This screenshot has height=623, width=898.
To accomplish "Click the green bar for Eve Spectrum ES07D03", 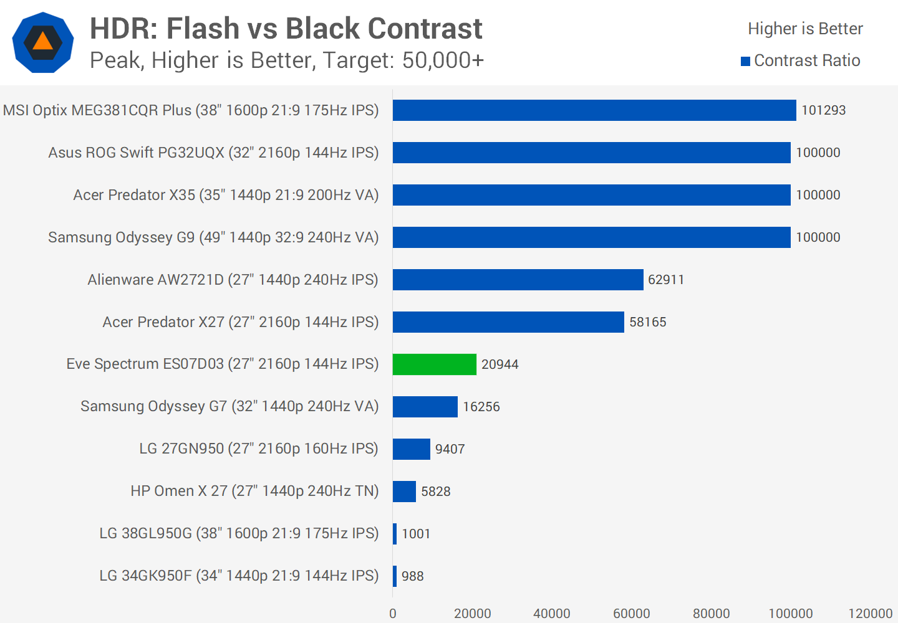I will [x=435, y=364].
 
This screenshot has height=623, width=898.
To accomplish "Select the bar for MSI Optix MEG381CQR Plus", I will [x=594, y=110].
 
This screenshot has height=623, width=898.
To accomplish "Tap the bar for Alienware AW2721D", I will [x=518, y=280].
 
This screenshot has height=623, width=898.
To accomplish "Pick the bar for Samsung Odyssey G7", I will [x=425, y=407].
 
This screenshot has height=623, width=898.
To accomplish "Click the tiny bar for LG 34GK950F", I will [x=395, y=576].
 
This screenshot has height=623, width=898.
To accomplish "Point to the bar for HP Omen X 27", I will [x=404, y=492].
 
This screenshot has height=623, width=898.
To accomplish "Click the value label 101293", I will [x=823, y=110].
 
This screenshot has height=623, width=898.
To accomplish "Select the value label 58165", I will [x=647, y=322].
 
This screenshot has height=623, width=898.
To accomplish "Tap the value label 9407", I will [x=450, y=449].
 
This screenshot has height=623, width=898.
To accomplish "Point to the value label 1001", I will [x=416, y=534].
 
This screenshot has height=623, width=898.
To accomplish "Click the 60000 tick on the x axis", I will [x=631, y=614].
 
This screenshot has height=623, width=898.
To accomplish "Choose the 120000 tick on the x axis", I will [x=870, y=614].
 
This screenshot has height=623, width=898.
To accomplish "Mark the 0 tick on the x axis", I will [x=393, y=614].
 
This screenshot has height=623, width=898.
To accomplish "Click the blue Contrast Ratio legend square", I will [x=745, y=61].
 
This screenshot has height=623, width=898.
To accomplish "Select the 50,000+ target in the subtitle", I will [x=443, y=60].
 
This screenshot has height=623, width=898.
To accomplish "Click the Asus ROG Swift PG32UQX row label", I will [x=213, y=153].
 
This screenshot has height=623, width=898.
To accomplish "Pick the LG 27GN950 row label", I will [x=258, y=449].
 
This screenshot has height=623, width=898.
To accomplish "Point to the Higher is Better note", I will [x=805, y=29].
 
